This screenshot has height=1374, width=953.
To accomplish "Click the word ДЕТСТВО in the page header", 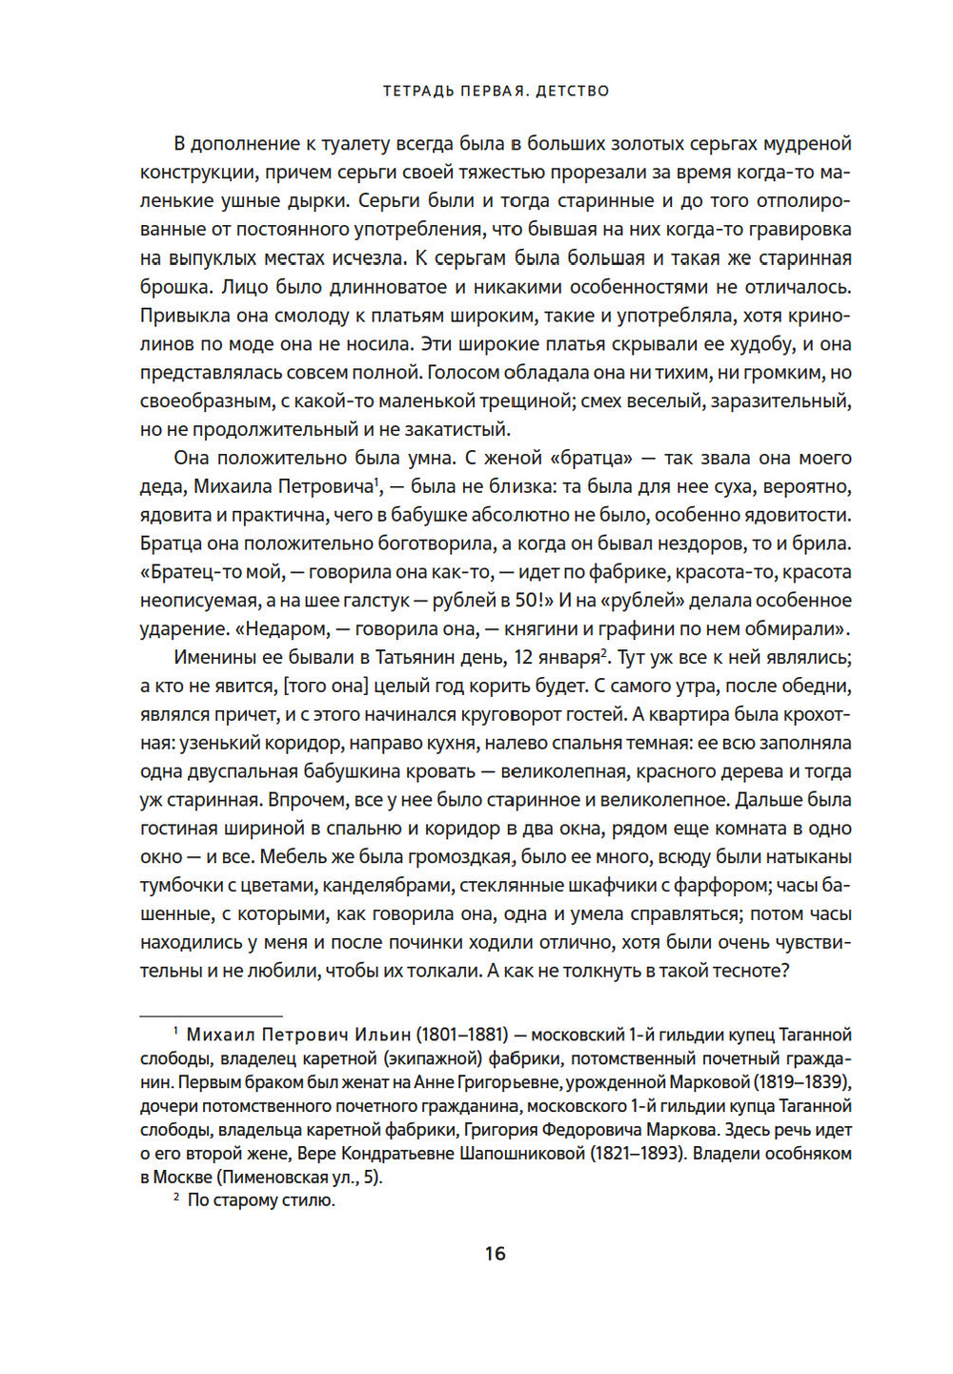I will (x=572, y=92).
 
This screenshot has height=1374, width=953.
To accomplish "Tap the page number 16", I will (x=495, y=1253).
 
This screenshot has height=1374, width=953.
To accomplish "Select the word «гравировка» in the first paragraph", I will (x=801, y=229).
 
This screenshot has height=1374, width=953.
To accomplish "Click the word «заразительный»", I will (x=777, y=400).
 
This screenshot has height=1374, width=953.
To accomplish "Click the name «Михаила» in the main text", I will (x=232, y=486).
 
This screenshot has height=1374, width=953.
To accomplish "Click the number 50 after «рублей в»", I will (x=522, y=601).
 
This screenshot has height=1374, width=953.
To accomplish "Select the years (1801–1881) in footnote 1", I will (x=461, y=1035).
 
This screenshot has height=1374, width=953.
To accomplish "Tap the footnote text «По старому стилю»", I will (x=260, y=1200).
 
